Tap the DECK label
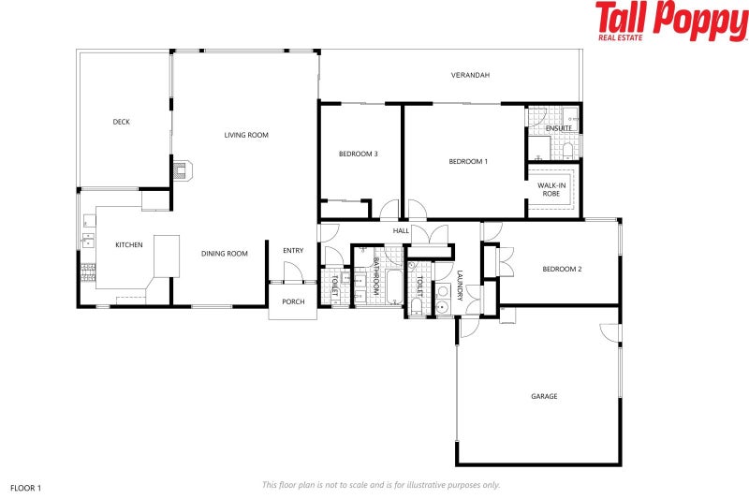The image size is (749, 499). point(121,122)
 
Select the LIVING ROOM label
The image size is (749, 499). point(246,136)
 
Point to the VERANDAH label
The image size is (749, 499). point(470,75)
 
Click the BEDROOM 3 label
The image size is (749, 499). point(358,154)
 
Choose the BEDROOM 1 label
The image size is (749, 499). point(468,162)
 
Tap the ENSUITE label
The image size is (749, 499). point(559,128)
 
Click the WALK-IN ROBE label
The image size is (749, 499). point(551,190)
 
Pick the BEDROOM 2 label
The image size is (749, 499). point(562,270)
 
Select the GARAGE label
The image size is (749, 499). point(544,397)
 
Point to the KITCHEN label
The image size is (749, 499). point(129,245)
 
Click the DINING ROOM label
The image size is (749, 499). point(225,254)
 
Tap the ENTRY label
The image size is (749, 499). point(293,250)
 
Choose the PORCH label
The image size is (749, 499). point(293,301)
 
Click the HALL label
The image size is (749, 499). point(401,230)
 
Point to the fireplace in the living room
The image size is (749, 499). point(182,169)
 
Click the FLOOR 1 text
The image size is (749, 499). point(26,488)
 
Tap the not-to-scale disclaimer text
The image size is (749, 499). point(381,485)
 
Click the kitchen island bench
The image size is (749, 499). point(167,256)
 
